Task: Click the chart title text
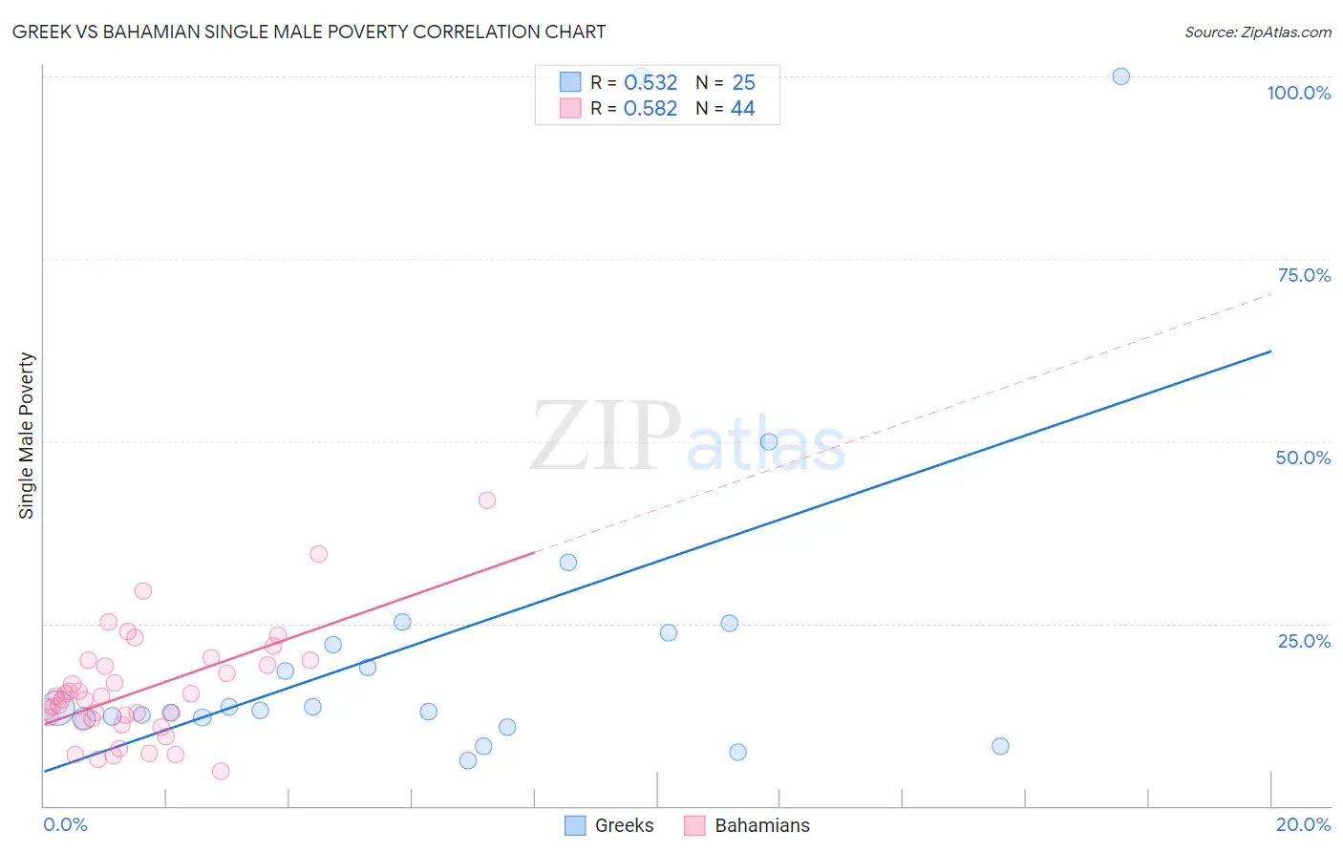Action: [x=309, y=32]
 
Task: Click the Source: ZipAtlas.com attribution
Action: [x=1257, y=32]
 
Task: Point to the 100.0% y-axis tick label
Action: [x=1298, y=93]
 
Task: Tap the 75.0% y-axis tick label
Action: [x=1304, y=275]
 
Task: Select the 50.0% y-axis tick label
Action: [x=1303, y=458]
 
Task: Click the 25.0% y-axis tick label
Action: [x=1304, y=641]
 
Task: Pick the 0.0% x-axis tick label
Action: [x=65, y=824]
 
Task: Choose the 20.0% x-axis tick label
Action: [x=1303, y=824]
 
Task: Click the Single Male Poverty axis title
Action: [x=27, y=436]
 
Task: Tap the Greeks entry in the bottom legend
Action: [x=624, y=825]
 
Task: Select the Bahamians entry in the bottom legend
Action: [x=761, y=825]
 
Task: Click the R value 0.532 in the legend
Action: [x=650, y=83]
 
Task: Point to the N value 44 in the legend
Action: [x=742, y=109]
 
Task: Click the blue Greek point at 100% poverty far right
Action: [x=1121, y=76]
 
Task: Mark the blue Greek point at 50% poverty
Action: [x=769, y=441]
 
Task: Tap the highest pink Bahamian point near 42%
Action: [x=487, y=500]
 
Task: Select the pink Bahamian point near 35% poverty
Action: [x=319, y=554]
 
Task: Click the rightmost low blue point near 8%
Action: [x=1000, y=746]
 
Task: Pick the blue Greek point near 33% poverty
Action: [x=568, y=563]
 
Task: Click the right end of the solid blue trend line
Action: [x=1270, y=351]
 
